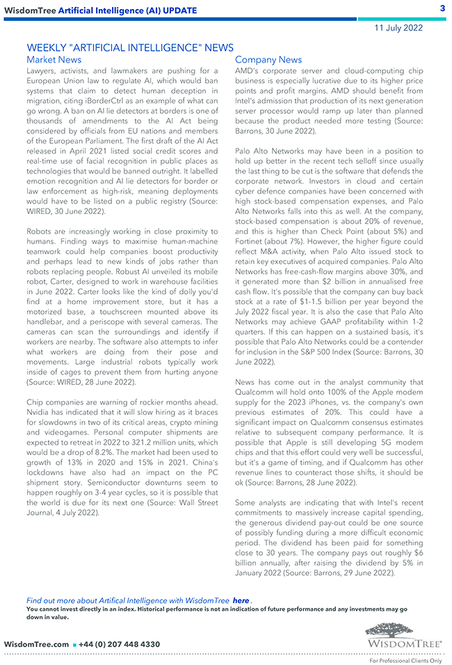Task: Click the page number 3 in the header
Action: (x=442, y=8)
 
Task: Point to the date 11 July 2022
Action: (x=398, y=28)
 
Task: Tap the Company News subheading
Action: (x=268, y=60)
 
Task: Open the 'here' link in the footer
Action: (x=241, y=600)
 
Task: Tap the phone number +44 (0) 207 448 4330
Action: (x=119, y=644)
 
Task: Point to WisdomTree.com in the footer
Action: (x=36, y=644)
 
